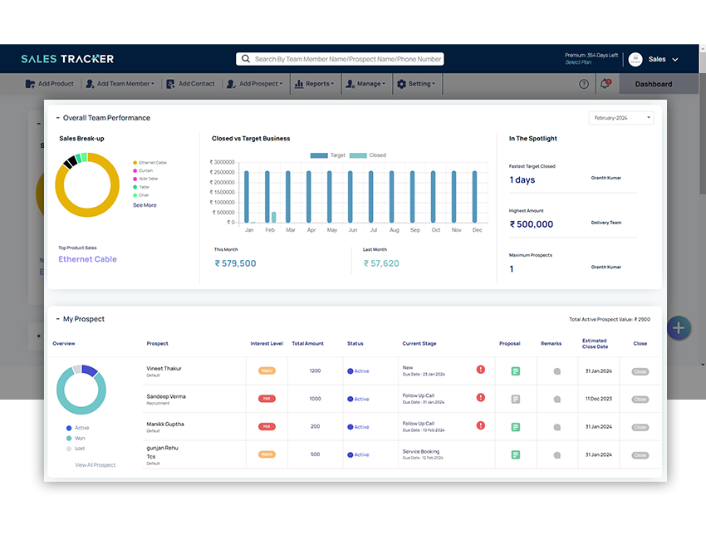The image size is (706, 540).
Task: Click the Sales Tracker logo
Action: [x=67, y=59]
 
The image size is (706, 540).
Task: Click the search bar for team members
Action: [x=341, y=59]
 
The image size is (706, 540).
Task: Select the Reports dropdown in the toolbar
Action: [x=319, y=84]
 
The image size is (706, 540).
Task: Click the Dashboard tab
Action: [x=654, y=84]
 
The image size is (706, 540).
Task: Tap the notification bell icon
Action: [x=605, y=83]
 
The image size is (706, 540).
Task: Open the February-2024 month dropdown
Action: [x=621, y=118]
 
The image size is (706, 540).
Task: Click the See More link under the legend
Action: [x=145, y=205]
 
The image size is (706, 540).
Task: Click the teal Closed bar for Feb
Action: [x=274, y=217]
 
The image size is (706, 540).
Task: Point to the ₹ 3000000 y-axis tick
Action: [x=223, y=162]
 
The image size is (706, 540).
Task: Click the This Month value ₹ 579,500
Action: [x=235, y=263]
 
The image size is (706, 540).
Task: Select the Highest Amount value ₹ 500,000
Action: [x=531, y=224]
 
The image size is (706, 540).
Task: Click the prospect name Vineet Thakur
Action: [x=164, y=368]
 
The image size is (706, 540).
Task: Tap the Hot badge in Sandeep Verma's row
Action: [x=267, y=399]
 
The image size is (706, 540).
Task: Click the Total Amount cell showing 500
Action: [x=315, y=454]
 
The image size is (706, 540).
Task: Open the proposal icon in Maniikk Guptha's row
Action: [x=515, y=427]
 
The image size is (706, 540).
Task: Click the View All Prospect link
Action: [x=96, y=465]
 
